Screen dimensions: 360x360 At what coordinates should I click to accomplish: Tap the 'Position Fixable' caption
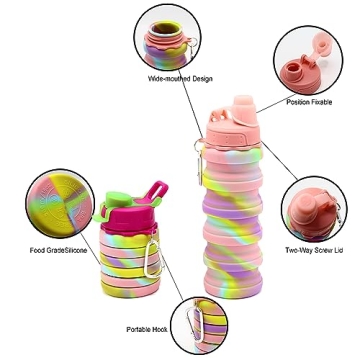click(309, 102)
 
